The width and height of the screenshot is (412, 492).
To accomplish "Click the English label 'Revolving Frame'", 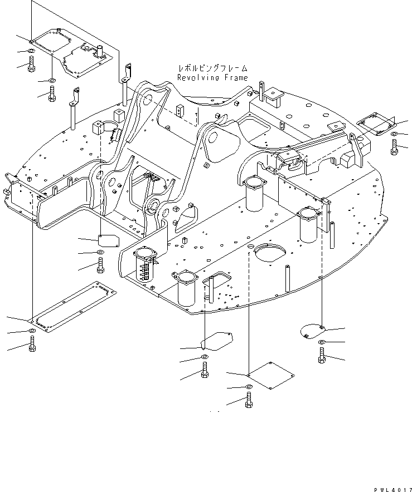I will tap(212, 78).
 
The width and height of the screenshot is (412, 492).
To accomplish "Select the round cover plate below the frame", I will tap(311, 331).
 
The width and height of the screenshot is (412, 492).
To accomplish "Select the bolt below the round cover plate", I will tap(322, 355).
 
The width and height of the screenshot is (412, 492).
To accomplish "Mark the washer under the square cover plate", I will tap(248, 387).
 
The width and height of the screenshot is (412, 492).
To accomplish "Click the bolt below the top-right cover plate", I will tap(394, 147).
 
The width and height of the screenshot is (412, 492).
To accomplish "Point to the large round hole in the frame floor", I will tap(269, 253).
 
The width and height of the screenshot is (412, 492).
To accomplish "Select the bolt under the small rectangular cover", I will tap(100, 265).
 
